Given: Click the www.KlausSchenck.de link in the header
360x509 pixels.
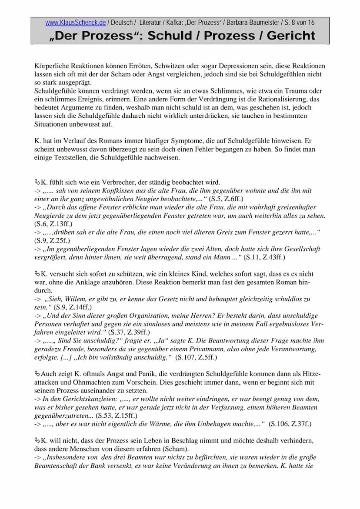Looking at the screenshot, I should pos(75,23).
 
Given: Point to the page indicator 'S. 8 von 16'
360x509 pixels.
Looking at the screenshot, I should pos(299,23).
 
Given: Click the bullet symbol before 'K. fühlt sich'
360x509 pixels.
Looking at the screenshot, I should pos(37,182).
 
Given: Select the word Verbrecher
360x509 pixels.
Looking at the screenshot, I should pos(103,182).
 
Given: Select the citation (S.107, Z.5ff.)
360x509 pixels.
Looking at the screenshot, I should pos(196,357).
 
